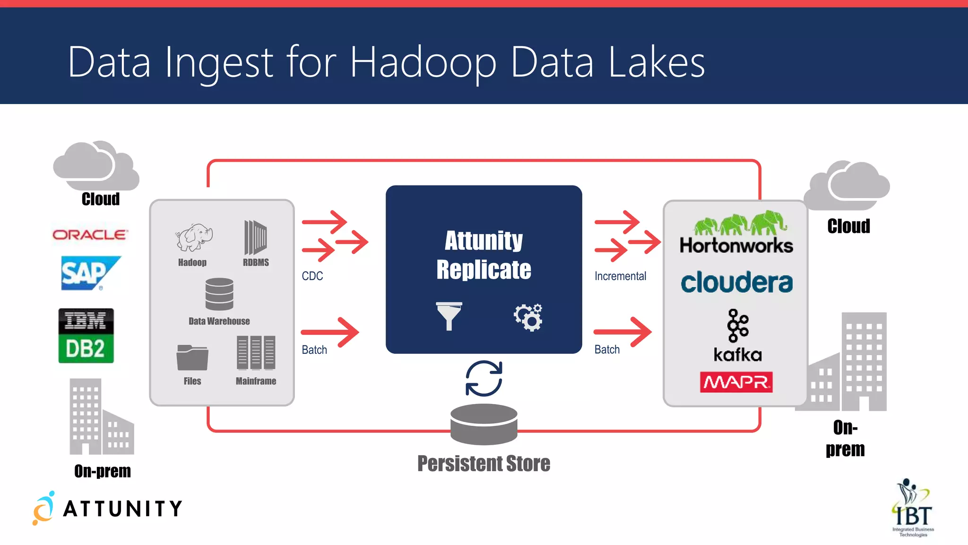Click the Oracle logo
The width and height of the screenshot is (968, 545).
(90, 235)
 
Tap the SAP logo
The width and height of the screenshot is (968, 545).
(89, 273)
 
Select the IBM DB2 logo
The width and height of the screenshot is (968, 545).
(86, 336)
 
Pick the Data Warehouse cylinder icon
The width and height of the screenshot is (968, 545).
(219, 294)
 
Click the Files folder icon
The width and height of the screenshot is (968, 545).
(192, 357)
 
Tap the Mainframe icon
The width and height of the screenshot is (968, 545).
(256, 353)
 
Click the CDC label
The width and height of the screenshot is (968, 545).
(312, 276)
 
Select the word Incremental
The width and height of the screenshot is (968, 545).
(620, 276)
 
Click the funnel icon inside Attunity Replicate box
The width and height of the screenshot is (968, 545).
(449, 316)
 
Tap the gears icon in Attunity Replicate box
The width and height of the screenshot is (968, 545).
(528, 317)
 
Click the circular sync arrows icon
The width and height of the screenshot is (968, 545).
(484, 378)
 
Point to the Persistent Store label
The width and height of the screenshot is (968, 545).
(484, 464)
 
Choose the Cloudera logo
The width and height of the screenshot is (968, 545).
(736, 282)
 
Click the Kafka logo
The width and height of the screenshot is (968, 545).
(738, 335)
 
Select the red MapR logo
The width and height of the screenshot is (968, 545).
(736, 382)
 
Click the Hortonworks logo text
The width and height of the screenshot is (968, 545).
(736, 246)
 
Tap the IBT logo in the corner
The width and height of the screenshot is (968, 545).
(913, 509)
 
